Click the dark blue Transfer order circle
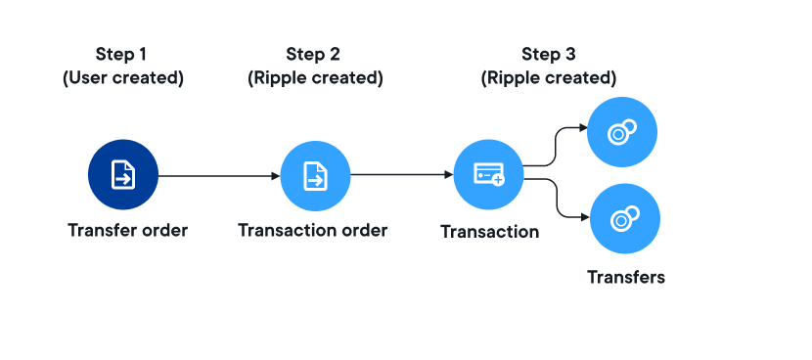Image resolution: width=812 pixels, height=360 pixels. click(x=122, y=174)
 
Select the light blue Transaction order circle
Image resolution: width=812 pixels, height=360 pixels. click(x=315, y=176)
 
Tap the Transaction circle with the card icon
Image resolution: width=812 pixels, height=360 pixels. click(x=489, y=174)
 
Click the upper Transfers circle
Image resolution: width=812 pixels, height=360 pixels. click(x=622, y=132)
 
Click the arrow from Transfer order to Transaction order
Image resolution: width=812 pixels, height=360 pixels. click(x=219, y=176)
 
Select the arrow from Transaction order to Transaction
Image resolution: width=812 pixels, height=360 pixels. click(x=402, y=175)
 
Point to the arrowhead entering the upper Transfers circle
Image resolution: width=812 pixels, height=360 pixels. click(x=583, y=127)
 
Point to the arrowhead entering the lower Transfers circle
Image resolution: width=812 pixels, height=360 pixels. click(x=586, y=217)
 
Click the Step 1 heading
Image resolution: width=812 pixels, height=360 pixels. click(x=121, y=54)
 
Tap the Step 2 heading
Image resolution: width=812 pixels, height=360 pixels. click(x=313, y=54)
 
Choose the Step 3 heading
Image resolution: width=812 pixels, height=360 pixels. click(x=549, y=54)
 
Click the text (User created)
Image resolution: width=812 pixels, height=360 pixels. click(x=123, y=78)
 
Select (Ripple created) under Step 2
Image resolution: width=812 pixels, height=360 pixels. click(x=315, y=78)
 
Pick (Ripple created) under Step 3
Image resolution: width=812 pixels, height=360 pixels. click(x=549, y=78)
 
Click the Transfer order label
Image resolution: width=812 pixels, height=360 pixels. click(x=127, y=230)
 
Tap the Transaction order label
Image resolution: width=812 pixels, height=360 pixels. click(x=313, y=230)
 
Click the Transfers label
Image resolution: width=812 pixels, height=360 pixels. click(x=625, y=277)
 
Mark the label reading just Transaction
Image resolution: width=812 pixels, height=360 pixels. click(x=490, y=232)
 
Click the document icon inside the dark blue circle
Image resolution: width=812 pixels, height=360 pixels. click(x=123, y=174)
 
